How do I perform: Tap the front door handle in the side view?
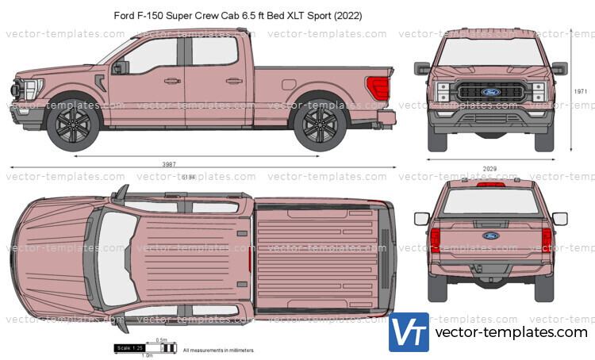(x=167, y=81)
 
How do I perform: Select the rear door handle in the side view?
(x=233, y=80)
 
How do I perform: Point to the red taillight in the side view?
(x=378, y=87)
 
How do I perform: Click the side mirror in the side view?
(x=121, y=67)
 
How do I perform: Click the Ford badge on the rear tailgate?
(x=491, y=236)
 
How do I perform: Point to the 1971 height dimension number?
(x=582, y=91)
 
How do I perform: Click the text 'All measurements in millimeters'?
(x=218, y=350)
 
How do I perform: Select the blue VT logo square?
(x=409, y=332)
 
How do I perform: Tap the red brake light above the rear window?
(x=491, y=184)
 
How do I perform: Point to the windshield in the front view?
(x=491, y=53)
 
